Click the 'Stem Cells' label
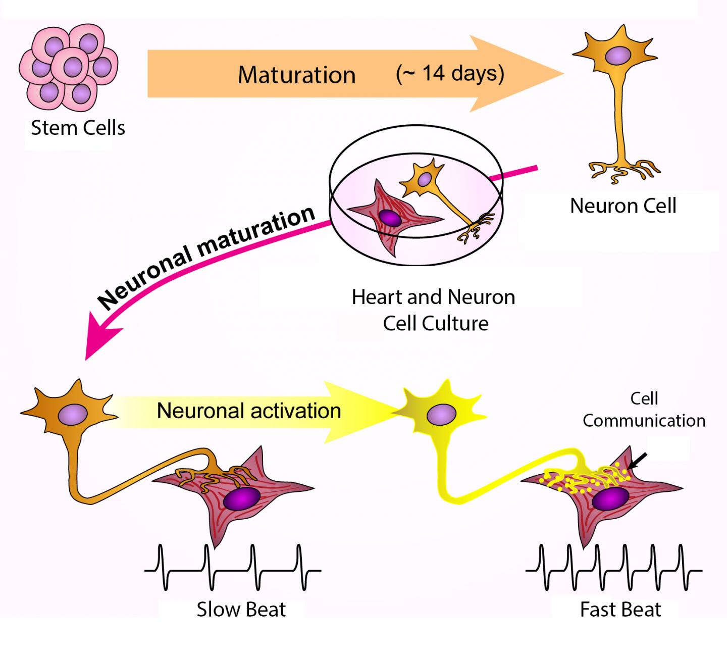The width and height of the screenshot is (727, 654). pyautogui.click(x=78, y=128)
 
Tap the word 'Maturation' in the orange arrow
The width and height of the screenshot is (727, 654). pyautogui.click(x=296, y=75)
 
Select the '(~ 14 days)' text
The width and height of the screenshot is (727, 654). pyautogui.click(x=450, y=73)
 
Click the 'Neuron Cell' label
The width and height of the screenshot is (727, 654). pyautogui.click(x=623, y=206)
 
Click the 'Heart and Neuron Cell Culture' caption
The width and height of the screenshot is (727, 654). pyautogui.click(x=434, y=310)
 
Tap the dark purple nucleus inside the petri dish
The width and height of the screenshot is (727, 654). pyautogui.click(x=389, y=218)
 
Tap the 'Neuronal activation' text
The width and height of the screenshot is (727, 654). pyautogui.click(x=249, y=410)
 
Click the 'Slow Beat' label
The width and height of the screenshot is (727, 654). pyautogui.click(x=241, y=609)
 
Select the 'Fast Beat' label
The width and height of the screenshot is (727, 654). pyautogui.click(x=620, y=609)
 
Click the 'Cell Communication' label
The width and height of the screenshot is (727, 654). pyautogui.click(x=644, y=410)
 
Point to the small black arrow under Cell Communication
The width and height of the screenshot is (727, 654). pyautogui.click(x=638, y=461)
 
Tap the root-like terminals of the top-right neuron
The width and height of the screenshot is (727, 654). pyautogui.click(x=624, y=170)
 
